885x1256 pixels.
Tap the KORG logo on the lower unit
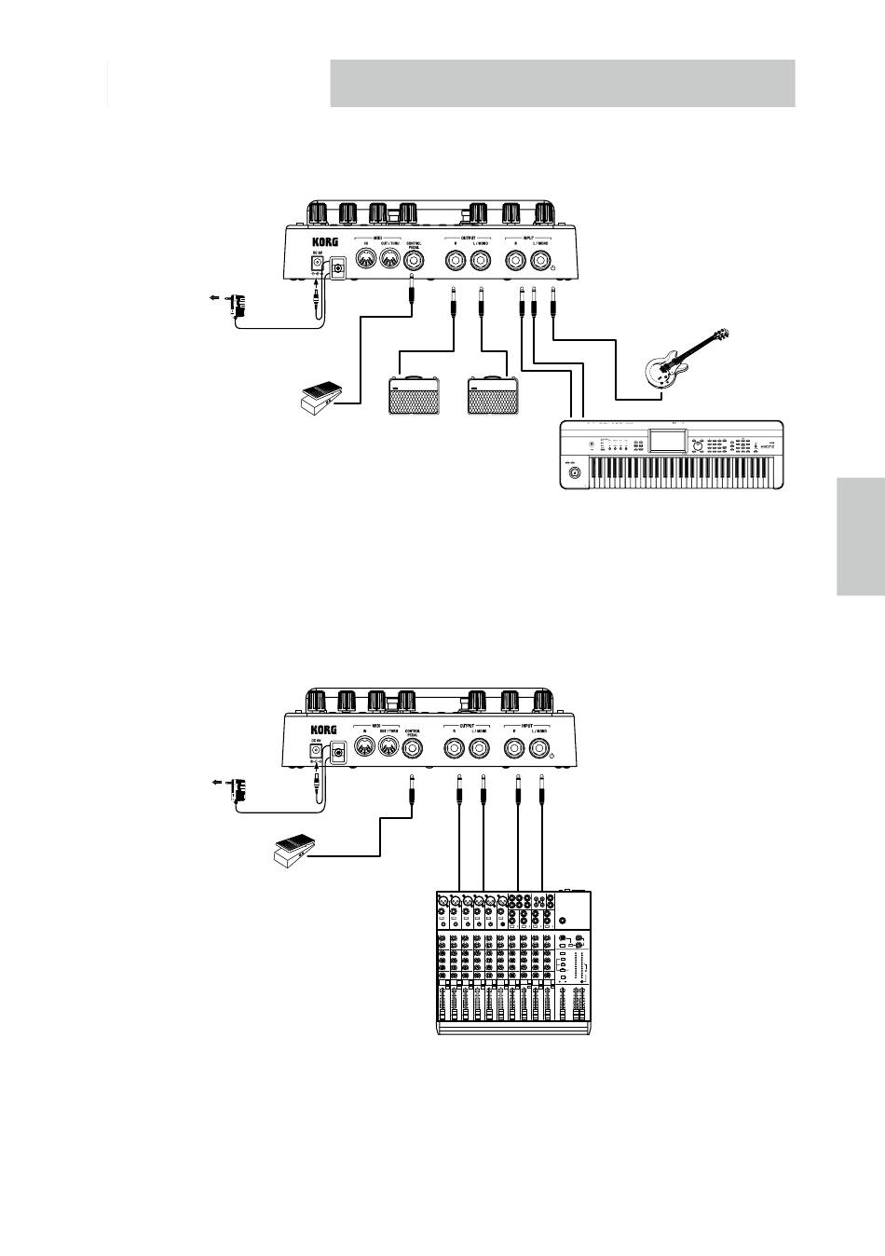(323, 730)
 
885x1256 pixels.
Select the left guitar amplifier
(415, 395)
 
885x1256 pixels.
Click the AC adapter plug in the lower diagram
(241, 790)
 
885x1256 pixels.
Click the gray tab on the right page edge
(860, 535)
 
